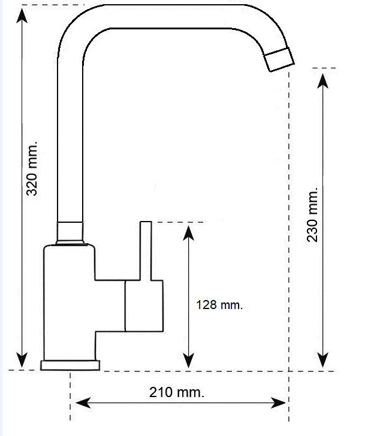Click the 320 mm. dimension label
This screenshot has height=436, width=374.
[x=31, y=169]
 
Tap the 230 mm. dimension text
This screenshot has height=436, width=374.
[x=312, y=215]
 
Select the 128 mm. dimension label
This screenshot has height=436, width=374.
[x=219, y=305]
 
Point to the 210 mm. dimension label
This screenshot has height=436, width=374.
[x=177, y=392]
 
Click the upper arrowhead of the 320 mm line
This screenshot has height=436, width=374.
[x=22, y=16]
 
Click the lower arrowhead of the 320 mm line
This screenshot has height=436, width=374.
[x=22, y=360]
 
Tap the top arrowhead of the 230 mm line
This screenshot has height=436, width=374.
[x=322, y=81]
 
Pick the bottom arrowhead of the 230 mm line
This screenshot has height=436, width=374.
[x=322, y=360]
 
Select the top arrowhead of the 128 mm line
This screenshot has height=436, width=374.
[x=189, y=233]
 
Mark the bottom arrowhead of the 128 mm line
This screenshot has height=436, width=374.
[x=189, y=360]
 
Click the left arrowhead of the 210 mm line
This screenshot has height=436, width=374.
[x=83, y=402]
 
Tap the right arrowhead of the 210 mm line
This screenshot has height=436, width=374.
[x=278, y=402]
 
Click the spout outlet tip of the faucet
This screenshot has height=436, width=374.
[x=279, y=59]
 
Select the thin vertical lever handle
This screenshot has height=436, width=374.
[x=146, y=251]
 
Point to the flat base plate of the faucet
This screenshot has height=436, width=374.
[x=70, y=365]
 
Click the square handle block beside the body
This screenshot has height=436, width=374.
[x=144, y=306]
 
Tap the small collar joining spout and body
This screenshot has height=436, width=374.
[x=70, y=233]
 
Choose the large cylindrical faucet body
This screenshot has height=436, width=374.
[x=70, y=302]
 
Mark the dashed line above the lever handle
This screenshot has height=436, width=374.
[x=180, y=222]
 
